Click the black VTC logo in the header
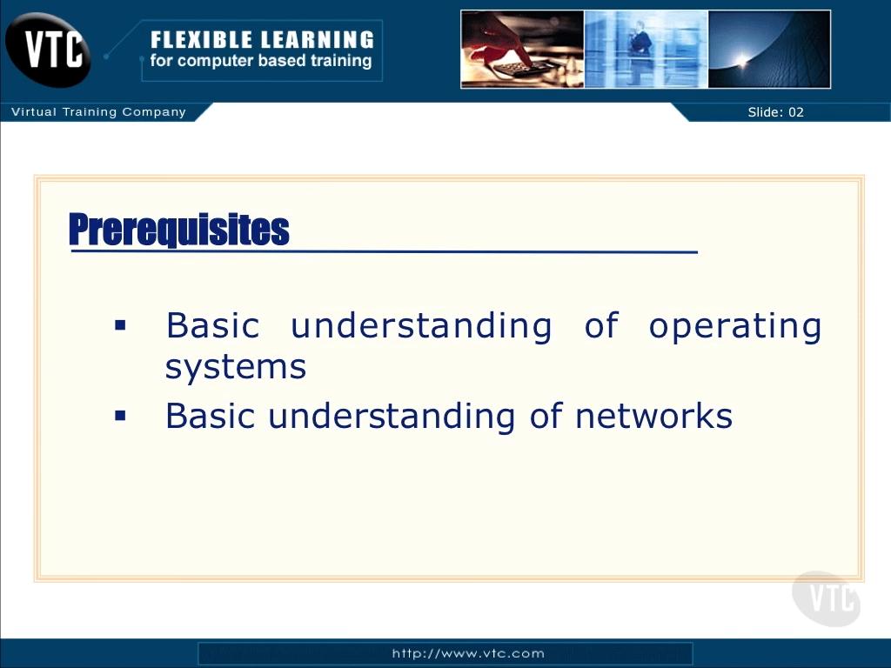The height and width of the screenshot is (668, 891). [x=48, y=50]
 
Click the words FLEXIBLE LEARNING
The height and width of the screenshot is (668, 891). [x=262, y=40]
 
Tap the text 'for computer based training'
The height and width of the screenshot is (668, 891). [x=261, y=60]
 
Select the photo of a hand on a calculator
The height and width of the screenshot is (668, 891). [x=522, y=50]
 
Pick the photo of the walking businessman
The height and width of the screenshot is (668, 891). [x=646, y=50]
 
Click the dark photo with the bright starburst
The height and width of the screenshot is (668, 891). [x=769, y=50]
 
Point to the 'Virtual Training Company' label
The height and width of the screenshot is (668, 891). [x=99, y=112]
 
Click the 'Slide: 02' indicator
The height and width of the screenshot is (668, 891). [x=775, y=112]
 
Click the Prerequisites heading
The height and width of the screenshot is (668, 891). [x=179, y=230]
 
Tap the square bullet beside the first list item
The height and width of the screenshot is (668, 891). [x=120, y=325]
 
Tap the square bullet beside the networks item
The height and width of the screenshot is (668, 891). [x=120, y=417]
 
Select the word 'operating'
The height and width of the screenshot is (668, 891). [x=735, y=328]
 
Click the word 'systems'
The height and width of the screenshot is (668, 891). [x=236, y=367]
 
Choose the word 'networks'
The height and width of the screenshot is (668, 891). [x=653, y=416]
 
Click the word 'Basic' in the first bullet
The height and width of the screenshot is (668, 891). [x=212, y=325]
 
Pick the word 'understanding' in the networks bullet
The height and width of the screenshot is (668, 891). [x=392, y=417]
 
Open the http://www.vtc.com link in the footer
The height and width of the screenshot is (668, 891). [x=468, y=653]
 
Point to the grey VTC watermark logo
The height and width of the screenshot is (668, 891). [x=827, y=598]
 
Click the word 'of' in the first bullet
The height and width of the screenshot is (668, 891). [x=600, y=325]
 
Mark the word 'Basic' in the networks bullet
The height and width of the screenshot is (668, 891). [x=210, y=416]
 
